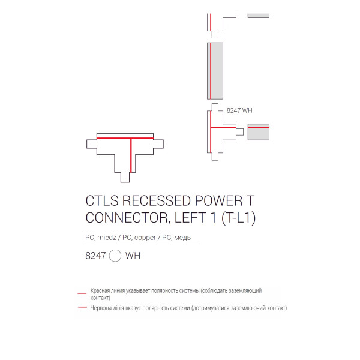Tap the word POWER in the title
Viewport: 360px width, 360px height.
219,200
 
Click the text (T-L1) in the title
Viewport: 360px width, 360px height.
239,218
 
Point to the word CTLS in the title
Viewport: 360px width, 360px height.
102,200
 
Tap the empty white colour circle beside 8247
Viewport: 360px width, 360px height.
115,256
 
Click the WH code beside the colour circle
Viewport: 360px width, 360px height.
133,256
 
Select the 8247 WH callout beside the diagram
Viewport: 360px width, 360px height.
239,110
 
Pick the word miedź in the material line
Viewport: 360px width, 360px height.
107,237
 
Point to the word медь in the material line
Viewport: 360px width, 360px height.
182,238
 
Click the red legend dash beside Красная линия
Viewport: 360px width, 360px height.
82,293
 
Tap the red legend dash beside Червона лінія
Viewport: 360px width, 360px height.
82,307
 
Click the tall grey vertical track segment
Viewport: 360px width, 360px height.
215,71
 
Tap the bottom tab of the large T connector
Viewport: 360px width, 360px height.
125,177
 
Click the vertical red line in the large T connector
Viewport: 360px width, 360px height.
131,155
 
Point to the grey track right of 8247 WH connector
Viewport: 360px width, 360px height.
259,132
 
